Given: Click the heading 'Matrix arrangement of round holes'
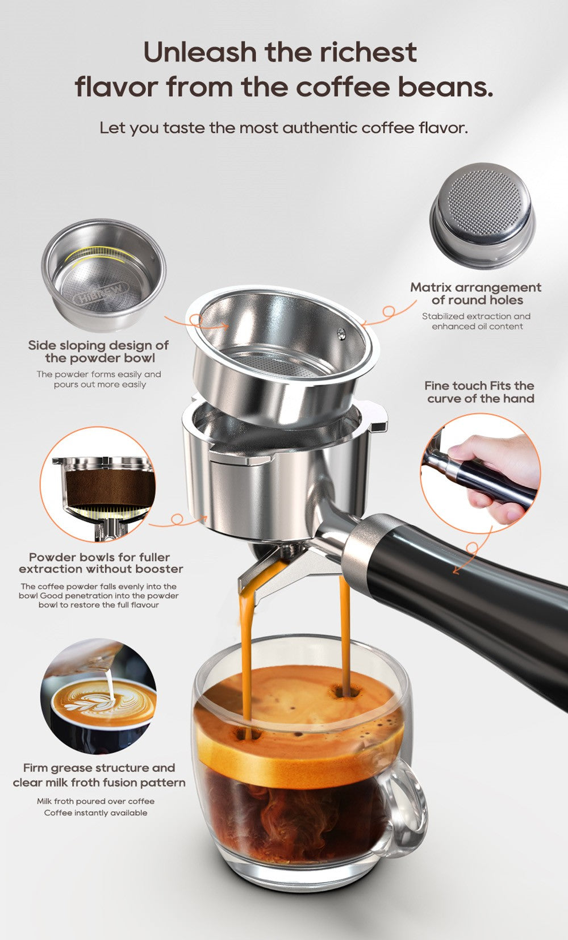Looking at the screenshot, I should [x=476, y=294].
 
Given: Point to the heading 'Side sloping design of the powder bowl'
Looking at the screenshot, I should [x=99, y=352].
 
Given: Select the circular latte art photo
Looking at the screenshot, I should [x=98, y=695].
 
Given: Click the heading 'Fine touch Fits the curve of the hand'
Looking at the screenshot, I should [x=481, y=392].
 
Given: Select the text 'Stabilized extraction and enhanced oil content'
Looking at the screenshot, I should [x=476, y=321].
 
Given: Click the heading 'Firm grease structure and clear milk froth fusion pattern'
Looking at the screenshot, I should [x=99, y=775].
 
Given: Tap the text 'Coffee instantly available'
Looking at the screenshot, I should [x=95, y=813].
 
